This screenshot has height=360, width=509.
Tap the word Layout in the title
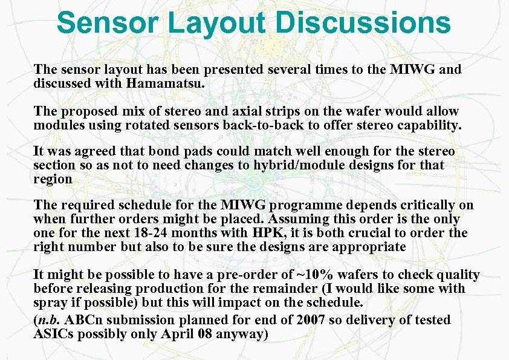coord(215,22)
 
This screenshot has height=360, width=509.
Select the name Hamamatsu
coord(165,83)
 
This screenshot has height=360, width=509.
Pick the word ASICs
coord(56,333)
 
